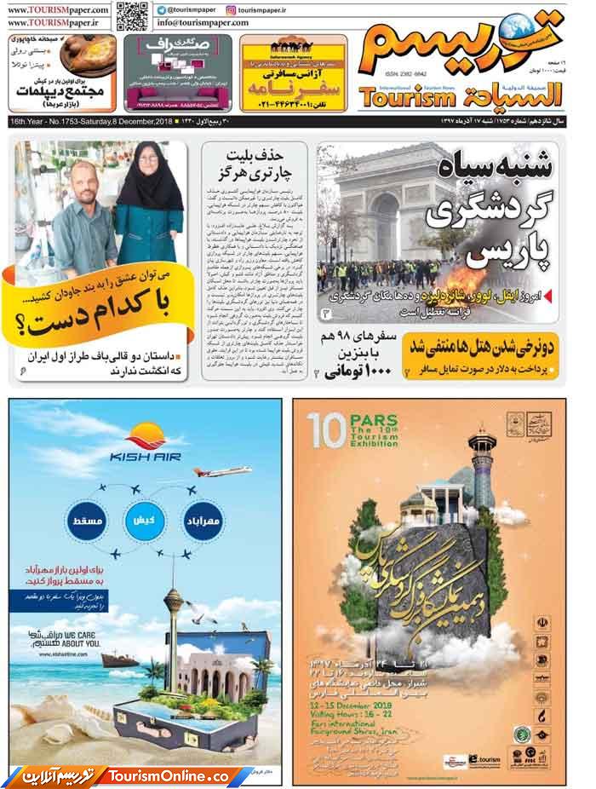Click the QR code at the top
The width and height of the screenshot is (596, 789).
pyautogui.click(x=130, y=14)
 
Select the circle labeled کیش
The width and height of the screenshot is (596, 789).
pyautogui.click(x=144, y=518)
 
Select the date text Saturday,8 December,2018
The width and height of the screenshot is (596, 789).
pyautogui.click(x=129, y=123)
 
